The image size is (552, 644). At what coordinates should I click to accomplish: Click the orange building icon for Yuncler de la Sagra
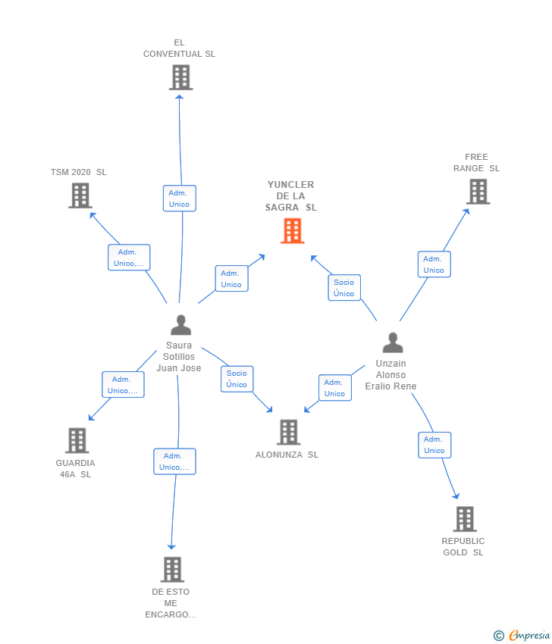[292, 230]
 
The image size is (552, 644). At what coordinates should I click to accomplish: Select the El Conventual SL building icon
[180, 77]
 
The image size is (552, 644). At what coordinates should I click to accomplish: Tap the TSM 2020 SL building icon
[80, 195]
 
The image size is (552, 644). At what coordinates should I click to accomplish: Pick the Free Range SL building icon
[478, 192]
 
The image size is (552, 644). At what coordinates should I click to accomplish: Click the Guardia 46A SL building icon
[77, 440]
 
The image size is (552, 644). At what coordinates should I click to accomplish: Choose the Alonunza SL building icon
[288, 432]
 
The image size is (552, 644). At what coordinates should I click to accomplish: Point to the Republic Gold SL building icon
[465, 519]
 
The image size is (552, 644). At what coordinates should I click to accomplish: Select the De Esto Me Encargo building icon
[172, 569]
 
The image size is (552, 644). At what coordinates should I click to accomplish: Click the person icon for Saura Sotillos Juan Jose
[180, 325]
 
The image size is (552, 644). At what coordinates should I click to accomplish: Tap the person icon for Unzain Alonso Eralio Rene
[392, 343]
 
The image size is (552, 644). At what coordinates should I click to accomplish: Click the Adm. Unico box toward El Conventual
[179, 199]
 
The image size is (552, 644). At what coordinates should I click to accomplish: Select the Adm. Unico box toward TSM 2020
[129, 258]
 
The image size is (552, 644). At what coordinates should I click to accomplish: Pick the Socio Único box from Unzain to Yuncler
[343, 288]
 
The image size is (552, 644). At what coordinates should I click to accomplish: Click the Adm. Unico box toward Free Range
[434, 264]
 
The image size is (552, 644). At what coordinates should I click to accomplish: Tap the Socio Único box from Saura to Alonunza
[237, 379]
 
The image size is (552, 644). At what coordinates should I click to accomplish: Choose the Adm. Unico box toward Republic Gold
[434, 445]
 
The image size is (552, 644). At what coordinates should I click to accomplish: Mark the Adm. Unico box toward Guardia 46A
[123, 385]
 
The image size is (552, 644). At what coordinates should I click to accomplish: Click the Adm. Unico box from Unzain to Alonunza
[334, 388]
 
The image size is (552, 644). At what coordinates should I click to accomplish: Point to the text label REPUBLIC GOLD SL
[463, 546]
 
